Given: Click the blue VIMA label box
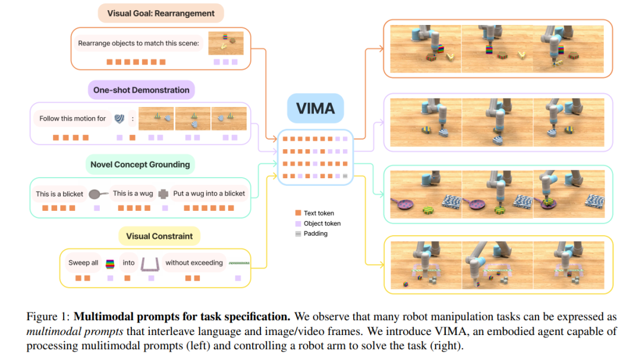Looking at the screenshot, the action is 315,108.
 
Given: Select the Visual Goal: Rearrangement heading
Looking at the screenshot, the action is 160,14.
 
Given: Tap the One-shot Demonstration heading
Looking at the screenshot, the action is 141,90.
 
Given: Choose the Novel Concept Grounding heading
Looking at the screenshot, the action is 140,165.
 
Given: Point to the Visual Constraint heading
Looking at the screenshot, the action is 159,236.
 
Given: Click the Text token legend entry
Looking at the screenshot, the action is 314,213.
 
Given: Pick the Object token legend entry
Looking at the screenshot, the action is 317,223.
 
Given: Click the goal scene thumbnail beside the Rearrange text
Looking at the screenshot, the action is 226,43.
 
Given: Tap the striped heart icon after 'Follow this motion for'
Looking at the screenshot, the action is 119,119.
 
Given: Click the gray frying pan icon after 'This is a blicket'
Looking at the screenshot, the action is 98,194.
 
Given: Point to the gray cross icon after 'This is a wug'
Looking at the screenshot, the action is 163,194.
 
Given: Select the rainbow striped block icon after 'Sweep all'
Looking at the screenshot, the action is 110,263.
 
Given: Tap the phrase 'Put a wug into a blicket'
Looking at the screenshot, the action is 209,194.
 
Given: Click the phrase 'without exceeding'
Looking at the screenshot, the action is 194,263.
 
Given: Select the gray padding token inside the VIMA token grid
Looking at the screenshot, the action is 345,176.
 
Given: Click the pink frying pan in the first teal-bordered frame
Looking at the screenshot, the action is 402,203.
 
